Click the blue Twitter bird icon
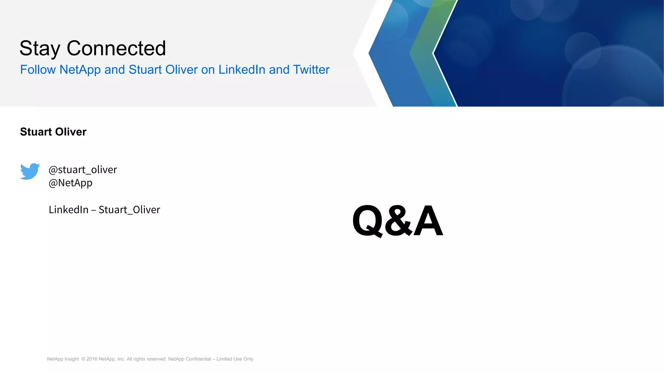click(30, 171)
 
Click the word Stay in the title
click(40, 49)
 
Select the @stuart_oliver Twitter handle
click(83, 170)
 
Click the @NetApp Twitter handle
click(70, 183)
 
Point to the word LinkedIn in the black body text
click(68, 210)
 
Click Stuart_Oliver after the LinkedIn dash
click(129, 210)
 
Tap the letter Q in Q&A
click(368, 221)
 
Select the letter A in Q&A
click(428, 221)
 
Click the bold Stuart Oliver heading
click(53, 132)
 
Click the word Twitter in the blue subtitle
click(311, 70)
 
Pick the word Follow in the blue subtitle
click(38, 70)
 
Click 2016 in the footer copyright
click(92, 359)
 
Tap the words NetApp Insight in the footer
click(63, 359)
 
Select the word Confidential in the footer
click(198, 359)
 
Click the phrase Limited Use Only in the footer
click(235, 359)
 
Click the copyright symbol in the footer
click(83, 359)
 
